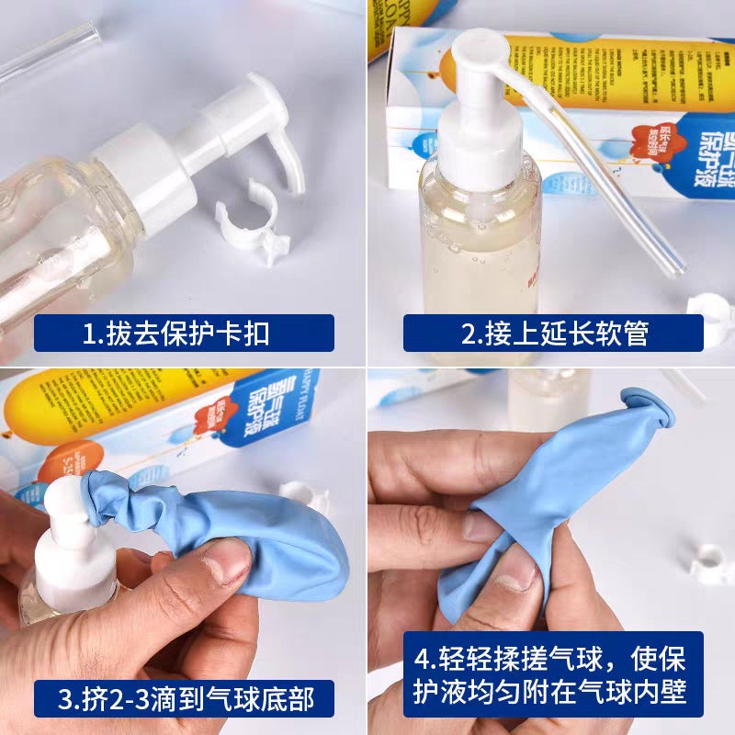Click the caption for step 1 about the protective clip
[184, 333]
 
